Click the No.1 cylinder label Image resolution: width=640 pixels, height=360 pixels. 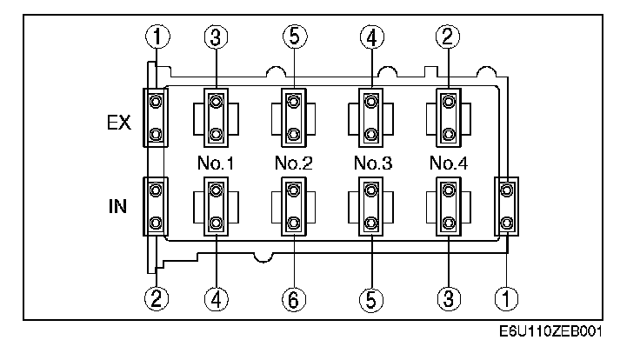coord(217,162)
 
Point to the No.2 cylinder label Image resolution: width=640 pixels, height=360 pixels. coord(294,162)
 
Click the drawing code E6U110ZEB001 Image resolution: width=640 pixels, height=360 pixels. coord(551,333)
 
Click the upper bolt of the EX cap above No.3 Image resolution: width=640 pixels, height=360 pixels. coord(371,102)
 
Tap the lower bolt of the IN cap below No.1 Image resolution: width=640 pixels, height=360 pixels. coord(216,223)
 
